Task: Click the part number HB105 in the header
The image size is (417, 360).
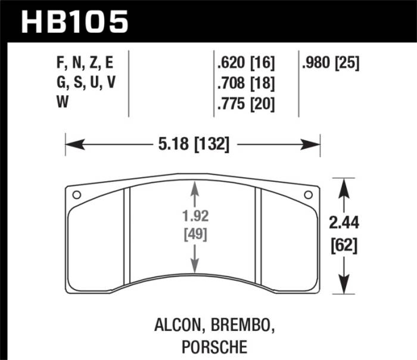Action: click(74, 21)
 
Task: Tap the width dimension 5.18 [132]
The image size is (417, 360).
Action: click(192, 144)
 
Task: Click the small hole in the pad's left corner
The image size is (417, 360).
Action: click(76, 195)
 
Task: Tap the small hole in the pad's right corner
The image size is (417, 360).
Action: click(308, 195)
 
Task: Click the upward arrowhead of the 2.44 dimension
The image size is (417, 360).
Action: click(342, 187)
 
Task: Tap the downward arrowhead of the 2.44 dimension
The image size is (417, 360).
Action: click(342, 285)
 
